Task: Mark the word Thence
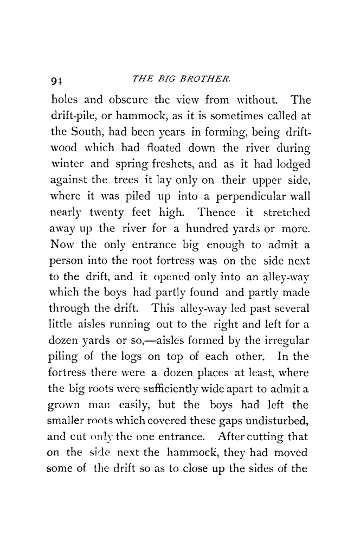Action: point(222,207)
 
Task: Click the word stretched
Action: point(286,207)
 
